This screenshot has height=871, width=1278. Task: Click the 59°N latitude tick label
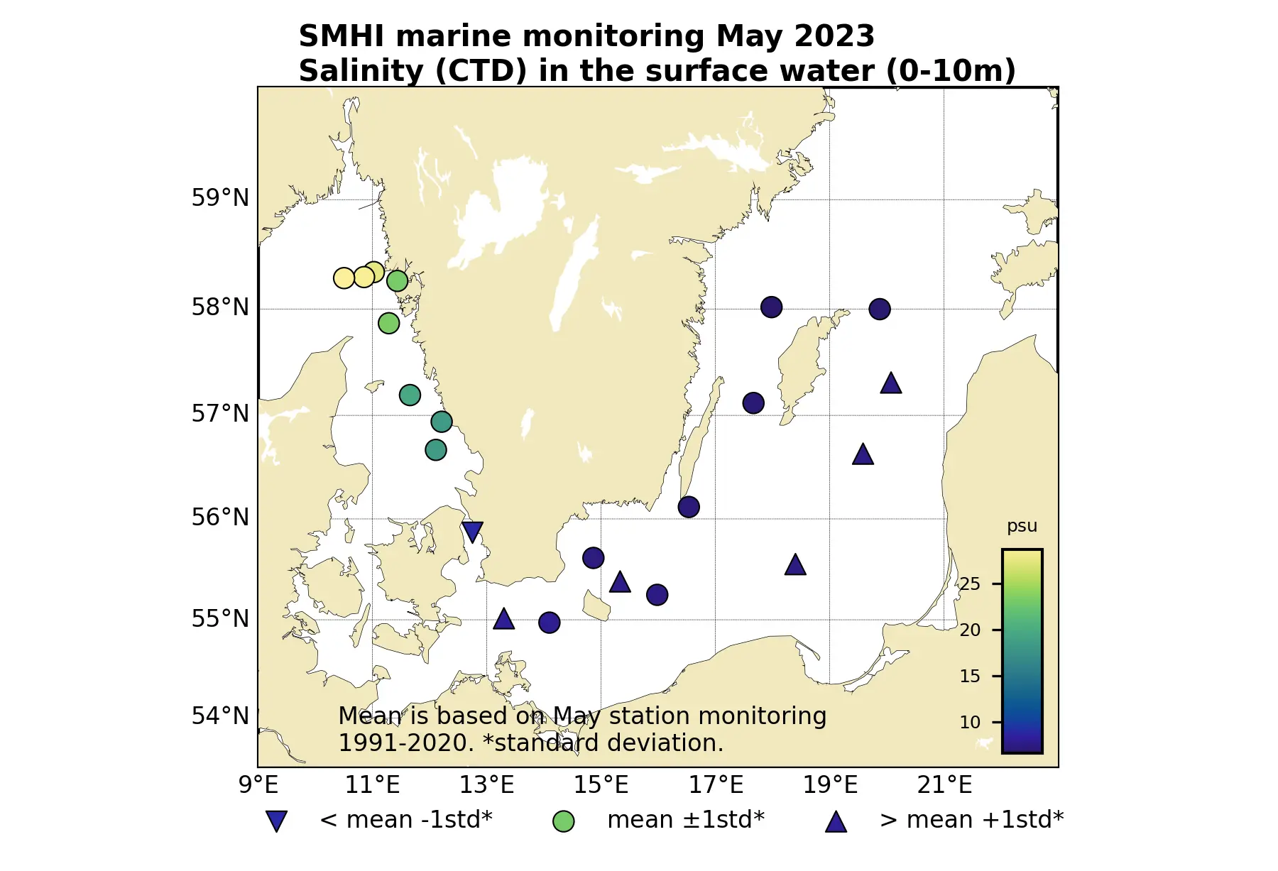(220, 198)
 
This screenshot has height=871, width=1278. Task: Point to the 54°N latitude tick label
(220, 716)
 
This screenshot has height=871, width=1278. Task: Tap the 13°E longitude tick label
(486, 785)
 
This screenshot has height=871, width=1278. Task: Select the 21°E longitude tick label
(944, 785)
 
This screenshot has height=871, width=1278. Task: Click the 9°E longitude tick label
(258, 785)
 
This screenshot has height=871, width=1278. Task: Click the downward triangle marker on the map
(472, 531)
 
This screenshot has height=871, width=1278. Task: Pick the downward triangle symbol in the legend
(276, 821)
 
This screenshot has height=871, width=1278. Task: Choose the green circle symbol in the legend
(563, 821)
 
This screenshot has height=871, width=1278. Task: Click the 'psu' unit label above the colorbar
(1022, 526)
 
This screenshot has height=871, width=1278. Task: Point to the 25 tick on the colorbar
(970, 584)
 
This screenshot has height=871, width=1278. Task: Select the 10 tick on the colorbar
(970, 723)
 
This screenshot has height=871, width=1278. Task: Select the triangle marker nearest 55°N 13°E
(503, 619)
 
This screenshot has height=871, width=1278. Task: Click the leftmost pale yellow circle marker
(344, 278)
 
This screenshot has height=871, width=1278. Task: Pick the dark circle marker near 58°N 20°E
(879, 309)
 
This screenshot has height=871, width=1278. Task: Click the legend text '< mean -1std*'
(405, 820)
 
